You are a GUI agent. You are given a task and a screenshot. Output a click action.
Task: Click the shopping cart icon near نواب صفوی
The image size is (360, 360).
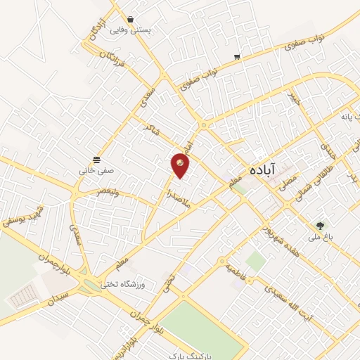tap(238, 57)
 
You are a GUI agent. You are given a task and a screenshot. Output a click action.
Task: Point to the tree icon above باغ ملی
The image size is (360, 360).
tap(321, 226)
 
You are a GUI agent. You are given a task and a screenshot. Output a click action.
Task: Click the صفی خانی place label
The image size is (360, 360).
tap(96, 170)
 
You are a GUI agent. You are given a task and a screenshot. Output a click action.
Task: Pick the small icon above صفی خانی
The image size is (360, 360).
tap(96, 158)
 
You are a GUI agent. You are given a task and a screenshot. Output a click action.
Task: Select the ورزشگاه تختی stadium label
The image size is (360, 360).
tap(122, 284)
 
